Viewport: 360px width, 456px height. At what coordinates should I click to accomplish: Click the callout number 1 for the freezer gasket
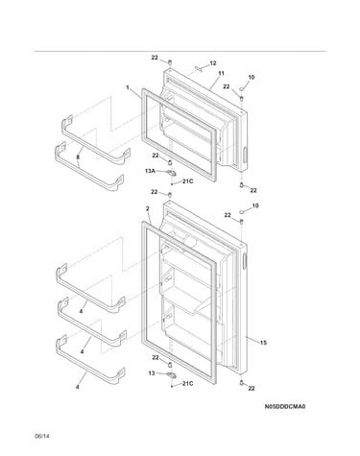(x=128, y=87)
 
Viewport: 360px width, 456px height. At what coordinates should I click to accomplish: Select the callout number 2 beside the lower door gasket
(x=148, y=208)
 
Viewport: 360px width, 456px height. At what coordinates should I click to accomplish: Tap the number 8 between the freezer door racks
(x=78, y=157)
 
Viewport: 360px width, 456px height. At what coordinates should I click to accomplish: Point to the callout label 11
(x=221, y=73)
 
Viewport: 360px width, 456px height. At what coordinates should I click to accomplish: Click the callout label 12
(x=213, y=63)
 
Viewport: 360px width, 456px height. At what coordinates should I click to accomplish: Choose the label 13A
(x=150, y=171)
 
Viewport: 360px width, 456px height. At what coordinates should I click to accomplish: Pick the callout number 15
(x=263, y=343)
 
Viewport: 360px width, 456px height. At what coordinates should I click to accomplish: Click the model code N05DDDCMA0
(x=285, y=406)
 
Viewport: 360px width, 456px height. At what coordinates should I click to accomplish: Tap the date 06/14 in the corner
(x=42, y=436)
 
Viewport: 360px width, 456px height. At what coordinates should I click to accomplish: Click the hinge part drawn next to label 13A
(x=172, y=173)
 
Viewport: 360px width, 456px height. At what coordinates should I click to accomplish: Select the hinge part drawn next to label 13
(x=172, y=374)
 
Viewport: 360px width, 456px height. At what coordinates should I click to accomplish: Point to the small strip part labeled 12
(x=198, y=69)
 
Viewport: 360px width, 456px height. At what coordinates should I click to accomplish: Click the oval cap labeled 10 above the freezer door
(x=242, y=87)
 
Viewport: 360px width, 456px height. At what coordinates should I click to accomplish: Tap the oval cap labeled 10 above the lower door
(x=242, y=211)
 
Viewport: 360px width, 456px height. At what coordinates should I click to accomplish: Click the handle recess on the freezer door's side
(x=245, y=156)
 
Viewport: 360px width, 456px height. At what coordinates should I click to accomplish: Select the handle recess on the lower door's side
(x=245, y=261)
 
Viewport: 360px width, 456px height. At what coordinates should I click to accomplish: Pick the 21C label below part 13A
(x=188, y=181)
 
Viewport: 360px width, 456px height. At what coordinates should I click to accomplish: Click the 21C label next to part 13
(x=188, y=383)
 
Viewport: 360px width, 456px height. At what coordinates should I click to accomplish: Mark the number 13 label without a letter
(x=152, y=373)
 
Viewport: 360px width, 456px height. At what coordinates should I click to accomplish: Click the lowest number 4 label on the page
(x=77, y=387)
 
